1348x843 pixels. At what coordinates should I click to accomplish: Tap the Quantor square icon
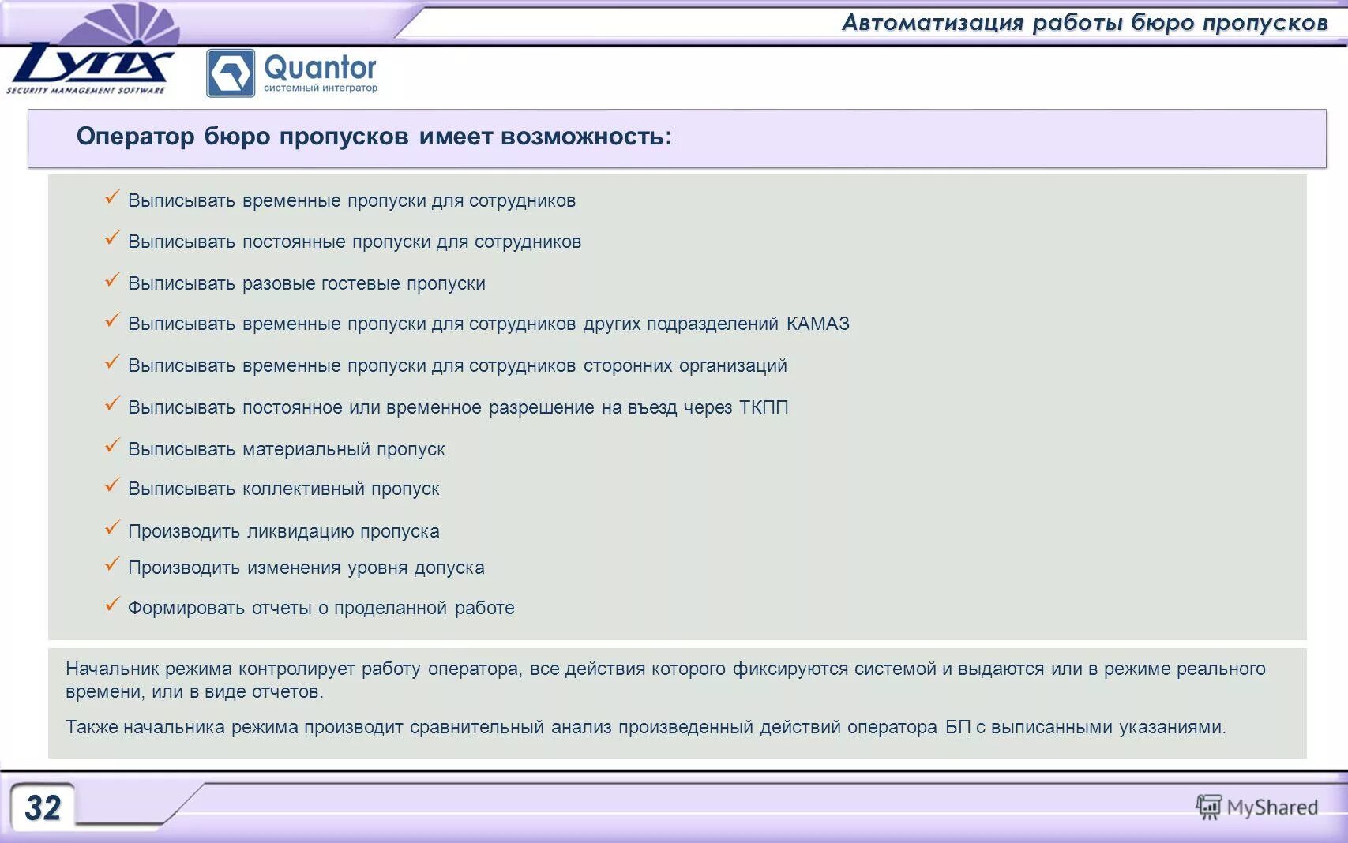tap(230, 73)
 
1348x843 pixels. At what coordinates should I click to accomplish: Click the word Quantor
tap(320, 68)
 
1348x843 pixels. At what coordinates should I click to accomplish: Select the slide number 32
tap(43, 807)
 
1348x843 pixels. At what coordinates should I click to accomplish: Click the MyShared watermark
tap(1257, 807)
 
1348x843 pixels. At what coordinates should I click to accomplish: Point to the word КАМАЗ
tap(818, 324)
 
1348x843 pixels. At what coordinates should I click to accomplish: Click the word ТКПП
tap(764, 407)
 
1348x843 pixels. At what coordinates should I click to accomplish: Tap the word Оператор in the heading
tap(135, 137)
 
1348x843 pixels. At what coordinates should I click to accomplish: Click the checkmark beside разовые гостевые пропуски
tap(112, 280)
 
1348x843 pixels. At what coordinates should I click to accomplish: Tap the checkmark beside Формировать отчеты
tap(112, 605)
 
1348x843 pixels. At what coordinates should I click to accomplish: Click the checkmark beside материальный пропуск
tap(112, 446)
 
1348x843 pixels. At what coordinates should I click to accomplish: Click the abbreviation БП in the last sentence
tap(957, 727)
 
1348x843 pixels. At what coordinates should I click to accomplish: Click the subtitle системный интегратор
tap(320, 88)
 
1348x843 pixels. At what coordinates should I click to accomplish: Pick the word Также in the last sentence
tap(92, 727)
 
